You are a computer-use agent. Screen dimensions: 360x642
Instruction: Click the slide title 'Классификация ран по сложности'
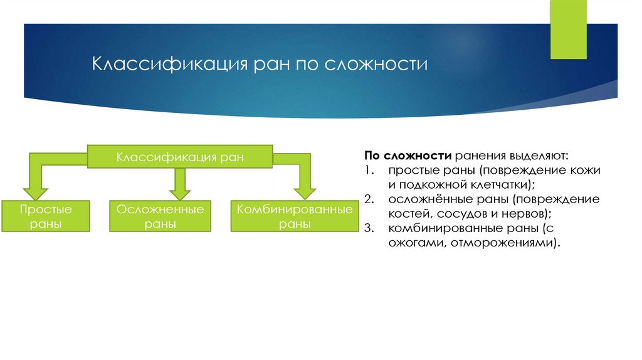260,65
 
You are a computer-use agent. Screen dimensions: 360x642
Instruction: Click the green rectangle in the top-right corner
568,29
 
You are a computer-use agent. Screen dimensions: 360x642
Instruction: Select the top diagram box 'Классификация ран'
179,156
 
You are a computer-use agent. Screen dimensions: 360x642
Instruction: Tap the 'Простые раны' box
45,216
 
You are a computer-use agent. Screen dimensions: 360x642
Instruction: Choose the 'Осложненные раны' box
160,216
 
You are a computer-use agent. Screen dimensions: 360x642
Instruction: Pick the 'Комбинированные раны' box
294,216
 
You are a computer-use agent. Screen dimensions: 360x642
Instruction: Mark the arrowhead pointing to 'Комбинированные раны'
305,190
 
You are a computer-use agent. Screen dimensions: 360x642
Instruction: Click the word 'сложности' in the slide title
376,65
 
